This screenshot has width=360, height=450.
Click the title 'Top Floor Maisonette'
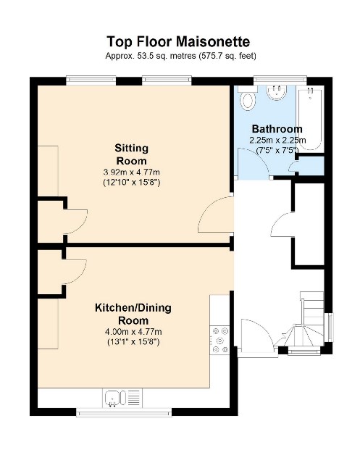(180, 41)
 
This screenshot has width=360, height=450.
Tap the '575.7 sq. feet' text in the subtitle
(226, 56)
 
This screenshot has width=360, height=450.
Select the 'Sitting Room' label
(131, 154)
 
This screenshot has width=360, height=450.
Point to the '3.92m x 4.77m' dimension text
(131, 172)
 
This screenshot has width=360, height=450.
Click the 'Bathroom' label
(277, 129)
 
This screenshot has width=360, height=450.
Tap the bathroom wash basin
(277, 93)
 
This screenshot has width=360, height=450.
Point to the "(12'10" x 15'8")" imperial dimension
(131, 183)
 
